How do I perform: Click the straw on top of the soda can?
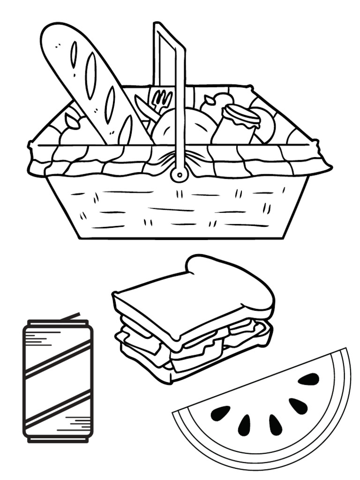[x=70, y=317]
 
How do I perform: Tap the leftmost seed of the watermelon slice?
[x=220, y=413]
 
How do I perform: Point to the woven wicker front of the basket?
[x=178, y=211]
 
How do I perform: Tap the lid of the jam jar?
[x=241, y=115]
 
